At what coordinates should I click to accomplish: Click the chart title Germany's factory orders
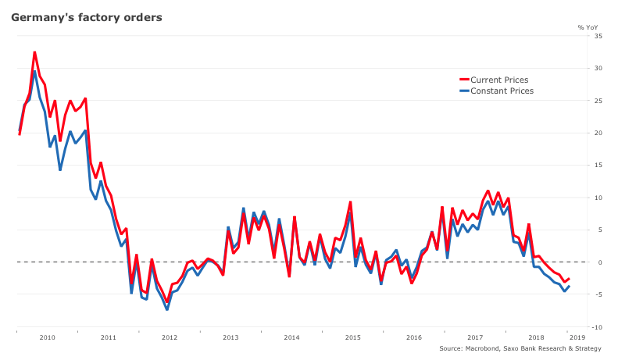click(87, 17)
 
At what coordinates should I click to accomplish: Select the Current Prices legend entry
click(498, 80)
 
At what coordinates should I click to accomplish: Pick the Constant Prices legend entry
click(501, 91)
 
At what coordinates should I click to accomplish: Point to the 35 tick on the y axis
click(598, 36)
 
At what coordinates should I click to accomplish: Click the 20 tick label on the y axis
click(598, 133)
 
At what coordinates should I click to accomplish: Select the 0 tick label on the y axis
click(599, 262)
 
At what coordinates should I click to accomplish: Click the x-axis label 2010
click(47, 337)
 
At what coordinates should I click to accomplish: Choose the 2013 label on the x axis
click(230, 337)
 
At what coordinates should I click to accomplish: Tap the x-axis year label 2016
click(414, 337)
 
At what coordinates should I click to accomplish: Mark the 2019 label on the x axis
click(577, 337)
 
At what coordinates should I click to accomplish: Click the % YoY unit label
click(588, 27)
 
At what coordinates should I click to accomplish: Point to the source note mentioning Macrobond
click(520, 348)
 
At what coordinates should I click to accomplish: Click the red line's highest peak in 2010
click(34, 52)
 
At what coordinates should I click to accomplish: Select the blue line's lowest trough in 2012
click(167, 309)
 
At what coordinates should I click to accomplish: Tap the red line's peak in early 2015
click(350, 202)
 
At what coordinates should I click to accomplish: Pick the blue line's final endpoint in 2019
click(569, 286)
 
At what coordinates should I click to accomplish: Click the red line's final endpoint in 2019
click(569, 279)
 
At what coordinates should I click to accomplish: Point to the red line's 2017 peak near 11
click(488, 191)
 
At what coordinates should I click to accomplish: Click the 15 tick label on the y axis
click(598, 166)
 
